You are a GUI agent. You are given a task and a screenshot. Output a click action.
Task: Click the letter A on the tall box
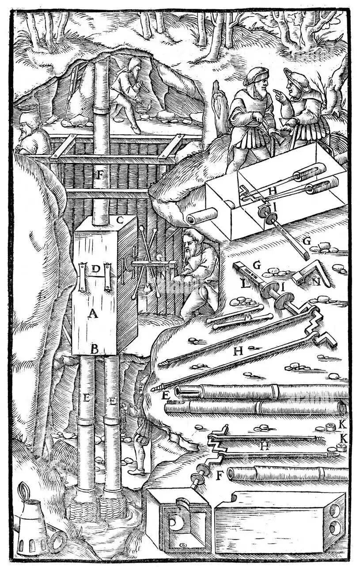click(x=92, y=314)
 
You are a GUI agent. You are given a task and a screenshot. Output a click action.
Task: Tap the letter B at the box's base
click(x=94, y=348)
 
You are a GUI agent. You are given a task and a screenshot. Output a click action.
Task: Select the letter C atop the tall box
click(x=119, y=219)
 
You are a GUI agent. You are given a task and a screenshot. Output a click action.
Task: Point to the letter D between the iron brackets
click(x=94, y=268)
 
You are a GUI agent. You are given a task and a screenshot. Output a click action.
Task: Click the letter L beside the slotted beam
click(x=243, y=283)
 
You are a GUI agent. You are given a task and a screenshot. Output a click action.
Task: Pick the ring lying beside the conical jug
click(x=57, y=540)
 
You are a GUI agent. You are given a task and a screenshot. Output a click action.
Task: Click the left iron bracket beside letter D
click(x=82, y=276)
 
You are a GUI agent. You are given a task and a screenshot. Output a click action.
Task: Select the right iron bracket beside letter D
click(x=107, y=276)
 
